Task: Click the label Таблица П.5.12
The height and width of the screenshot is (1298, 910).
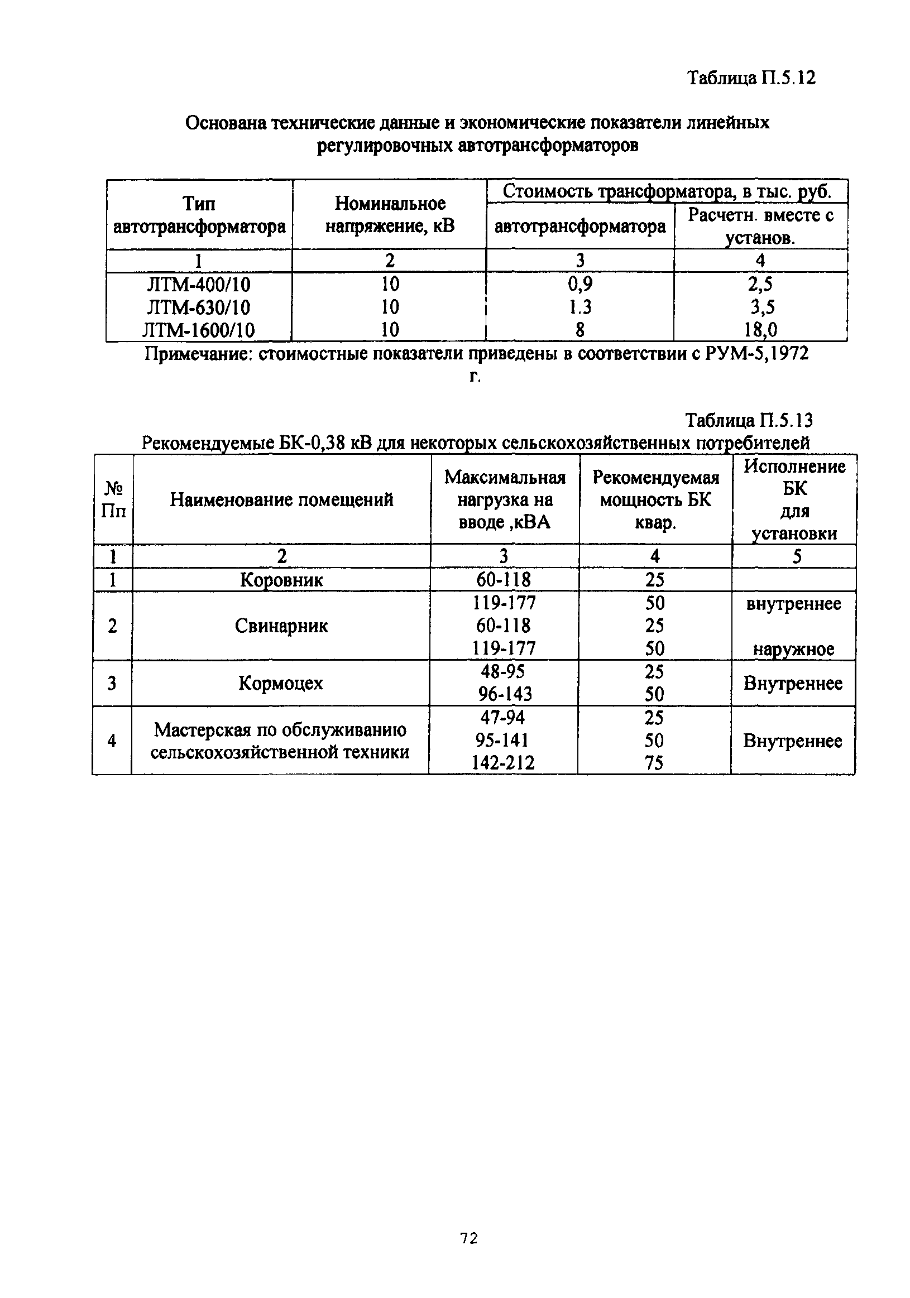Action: point(751,78)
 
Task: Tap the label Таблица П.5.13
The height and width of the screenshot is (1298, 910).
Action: point(749,420)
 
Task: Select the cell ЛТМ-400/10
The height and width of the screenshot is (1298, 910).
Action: point(199,284)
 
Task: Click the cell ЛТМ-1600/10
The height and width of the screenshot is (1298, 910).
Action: point(199,330)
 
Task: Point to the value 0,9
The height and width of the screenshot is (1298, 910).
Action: point(579,284)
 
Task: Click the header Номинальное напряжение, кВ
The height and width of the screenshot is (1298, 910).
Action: point(390,215)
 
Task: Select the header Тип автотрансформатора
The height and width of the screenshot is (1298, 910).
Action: point(199,215)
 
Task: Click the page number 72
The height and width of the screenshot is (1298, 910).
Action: point(469,1239)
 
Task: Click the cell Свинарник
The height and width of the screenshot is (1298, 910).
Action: point(281,626)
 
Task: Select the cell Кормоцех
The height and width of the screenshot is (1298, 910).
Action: point(280,683)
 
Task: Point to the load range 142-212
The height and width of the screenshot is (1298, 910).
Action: point(503,763)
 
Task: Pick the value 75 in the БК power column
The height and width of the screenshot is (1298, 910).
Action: point(654,763)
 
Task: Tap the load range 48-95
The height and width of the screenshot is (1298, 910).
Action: point(502,671)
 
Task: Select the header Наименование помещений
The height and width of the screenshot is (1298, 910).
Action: point(281,500)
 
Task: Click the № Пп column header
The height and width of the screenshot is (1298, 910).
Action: point(113,500)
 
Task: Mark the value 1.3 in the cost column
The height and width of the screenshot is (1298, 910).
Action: point(579,307)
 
